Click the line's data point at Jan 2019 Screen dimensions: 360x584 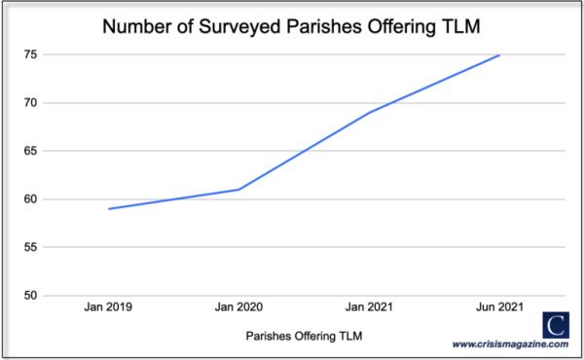point(108,208)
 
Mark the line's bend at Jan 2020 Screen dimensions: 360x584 point(238,189)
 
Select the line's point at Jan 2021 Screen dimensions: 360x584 point(370,112)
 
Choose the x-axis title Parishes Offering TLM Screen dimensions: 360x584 point(304,336)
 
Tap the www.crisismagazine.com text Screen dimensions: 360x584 point(509,343)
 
